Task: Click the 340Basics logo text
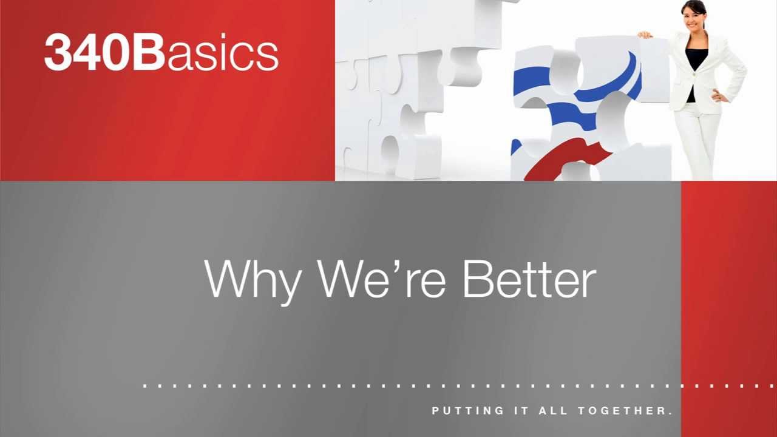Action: click(161, 53)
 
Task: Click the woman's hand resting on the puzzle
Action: click(645, 35)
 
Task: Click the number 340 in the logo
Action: click(87, 53)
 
